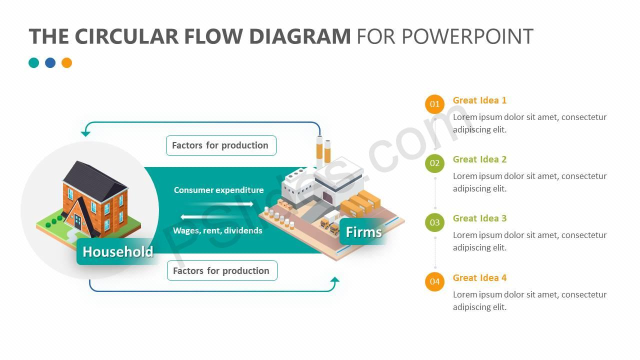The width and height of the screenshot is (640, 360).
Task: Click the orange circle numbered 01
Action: click(x=434, y=104)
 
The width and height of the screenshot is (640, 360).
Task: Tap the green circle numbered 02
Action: click(x=434, y=163)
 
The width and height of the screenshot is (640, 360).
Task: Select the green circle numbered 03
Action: click(x=434, y=222)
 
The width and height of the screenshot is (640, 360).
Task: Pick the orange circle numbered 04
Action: click(x=434, y=281)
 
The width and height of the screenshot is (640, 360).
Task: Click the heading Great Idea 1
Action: click(x=479, y=100)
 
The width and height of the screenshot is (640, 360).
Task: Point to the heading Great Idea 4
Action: click(x=479, y=277)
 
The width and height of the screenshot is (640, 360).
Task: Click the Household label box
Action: click(x=117, y=251)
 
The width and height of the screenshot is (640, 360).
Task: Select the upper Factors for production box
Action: click(x=221, y=145)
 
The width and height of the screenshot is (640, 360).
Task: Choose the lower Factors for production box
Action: click(x=222, y=270)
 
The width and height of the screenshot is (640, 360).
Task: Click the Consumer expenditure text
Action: click(x=218, y=190)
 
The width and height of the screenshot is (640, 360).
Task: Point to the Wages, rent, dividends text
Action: click(x=217, y=230)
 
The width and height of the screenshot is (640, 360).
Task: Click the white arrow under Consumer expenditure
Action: click(x=220, y=203)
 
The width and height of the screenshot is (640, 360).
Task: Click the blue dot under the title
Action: click(x=50, y=63)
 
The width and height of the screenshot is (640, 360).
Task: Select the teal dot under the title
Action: click(x=33, y=63)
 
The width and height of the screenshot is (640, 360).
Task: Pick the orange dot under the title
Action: click(x=66, y=63)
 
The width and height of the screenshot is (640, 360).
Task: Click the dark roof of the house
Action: click(x=94, y=180)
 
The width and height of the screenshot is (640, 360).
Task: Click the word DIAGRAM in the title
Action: click(x=299, y=36)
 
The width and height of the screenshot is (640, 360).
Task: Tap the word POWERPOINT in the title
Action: click(x=467, y=36)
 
